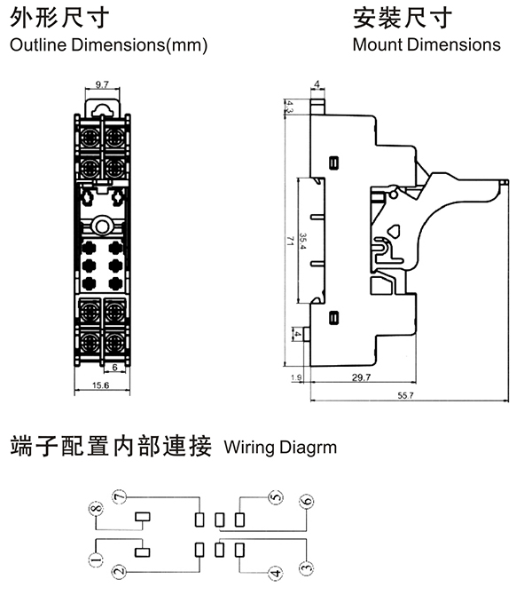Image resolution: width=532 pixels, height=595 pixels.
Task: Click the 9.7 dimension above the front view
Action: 100,84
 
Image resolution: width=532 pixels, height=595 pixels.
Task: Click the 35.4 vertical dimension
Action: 303,242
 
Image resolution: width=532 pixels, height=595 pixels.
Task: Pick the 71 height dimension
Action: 289,242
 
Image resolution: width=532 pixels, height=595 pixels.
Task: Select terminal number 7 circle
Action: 120,495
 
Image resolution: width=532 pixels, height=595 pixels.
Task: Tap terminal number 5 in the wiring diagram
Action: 276,497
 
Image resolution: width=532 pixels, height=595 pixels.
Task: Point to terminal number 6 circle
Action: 306,502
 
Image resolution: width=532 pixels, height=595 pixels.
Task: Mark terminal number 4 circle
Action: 276,574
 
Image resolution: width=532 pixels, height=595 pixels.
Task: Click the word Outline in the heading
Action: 34,44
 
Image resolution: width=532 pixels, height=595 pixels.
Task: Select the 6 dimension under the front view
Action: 113,366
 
